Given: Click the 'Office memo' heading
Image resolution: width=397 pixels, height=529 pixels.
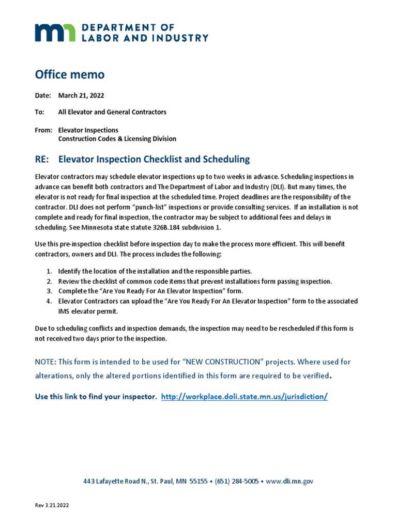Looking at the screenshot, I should pyautogui.click(x=69, y=74).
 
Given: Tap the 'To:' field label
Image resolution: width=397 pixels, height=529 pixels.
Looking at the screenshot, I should pyautogui.click(x=40, y=112).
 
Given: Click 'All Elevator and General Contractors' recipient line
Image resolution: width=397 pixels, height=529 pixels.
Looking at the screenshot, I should pyautogui.click(x=112, y=112).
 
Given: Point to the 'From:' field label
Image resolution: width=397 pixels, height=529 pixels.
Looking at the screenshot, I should pyautogui.click(x=43, y=130).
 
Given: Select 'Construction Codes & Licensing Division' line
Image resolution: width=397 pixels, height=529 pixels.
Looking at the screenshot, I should pyautogui.click(x=117, y=139).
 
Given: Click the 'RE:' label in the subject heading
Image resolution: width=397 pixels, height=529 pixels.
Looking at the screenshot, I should pyautogui.click(x=43, y=159).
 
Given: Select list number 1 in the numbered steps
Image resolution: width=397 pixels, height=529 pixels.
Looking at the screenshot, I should pyautogui.click(x=49, y=271).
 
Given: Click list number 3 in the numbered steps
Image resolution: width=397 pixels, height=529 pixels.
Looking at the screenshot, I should pyautogui.click(x=49, y=291).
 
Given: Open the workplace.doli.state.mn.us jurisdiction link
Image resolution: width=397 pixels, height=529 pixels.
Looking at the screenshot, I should pyautogui.click(x=245, y=397).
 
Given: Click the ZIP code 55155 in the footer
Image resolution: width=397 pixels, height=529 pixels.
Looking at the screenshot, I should pyautogui.click(x=198, y=481).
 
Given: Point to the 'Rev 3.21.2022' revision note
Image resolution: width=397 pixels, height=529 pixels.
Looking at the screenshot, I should pyautogui.click(x=52, y=506).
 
